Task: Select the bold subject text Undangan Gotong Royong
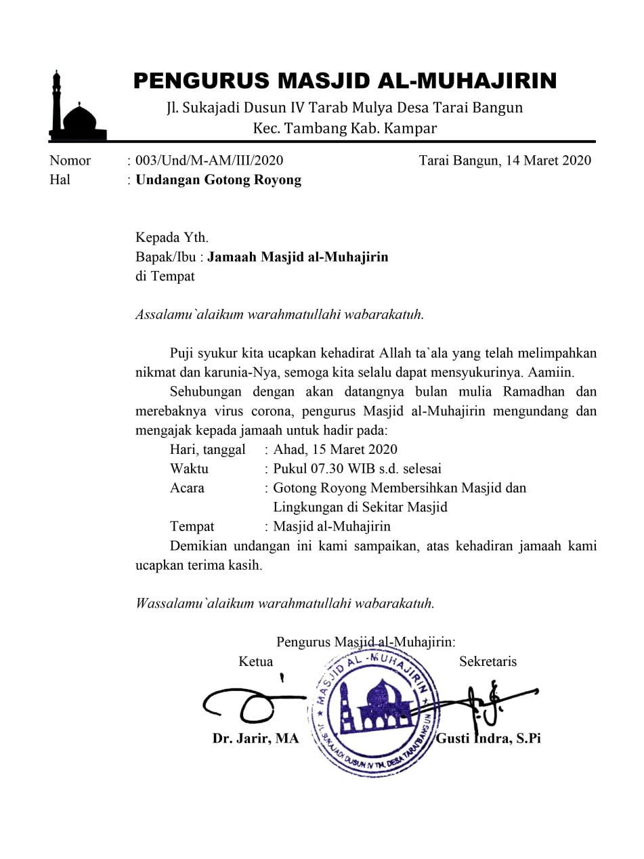219,180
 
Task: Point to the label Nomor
70,161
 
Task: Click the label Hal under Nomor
60,180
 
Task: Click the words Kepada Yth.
172,238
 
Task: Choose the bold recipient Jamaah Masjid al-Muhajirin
298,257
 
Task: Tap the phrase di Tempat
165,276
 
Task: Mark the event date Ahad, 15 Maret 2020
335,450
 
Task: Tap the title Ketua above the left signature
256,662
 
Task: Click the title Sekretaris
488,662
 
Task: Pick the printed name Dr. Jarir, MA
255,739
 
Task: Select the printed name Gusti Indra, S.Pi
488,739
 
